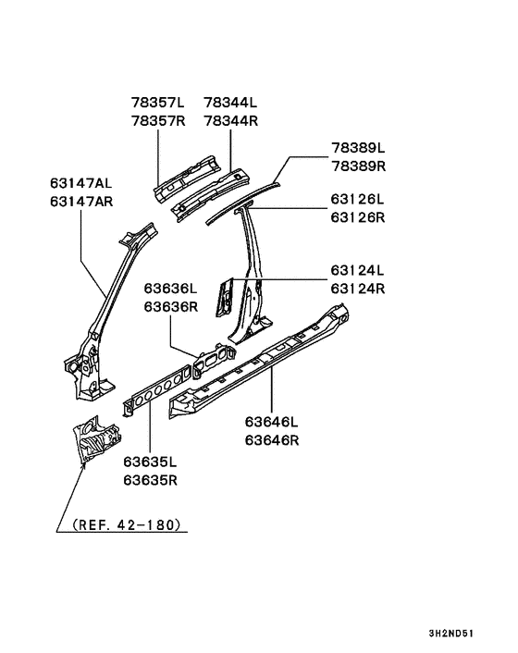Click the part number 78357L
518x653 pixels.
pyautogui.click(x=158, y=102)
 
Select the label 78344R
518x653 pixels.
pyautogui.click(x=230, y=121)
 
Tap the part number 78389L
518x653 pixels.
pyautogui.click(x=358, y=147)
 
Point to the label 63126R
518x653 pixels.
pyautogui.click(x=358, y=217)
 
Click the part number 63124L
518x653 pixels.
pyautogui.click(x=358, y=270)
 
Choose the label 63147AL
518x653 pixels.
pyautogui.click(x=81, y=183)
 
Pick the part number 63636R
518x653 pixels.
pyautogui.click(x=171, y=306)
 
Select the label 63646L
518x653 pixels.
pyautogui.click(x=272, y=422)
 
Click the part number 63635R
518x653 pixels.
pyautogui.click(x=151, y=480)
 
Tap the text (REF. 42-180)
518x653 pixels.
pyautogui.click(x=127, y=524)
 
